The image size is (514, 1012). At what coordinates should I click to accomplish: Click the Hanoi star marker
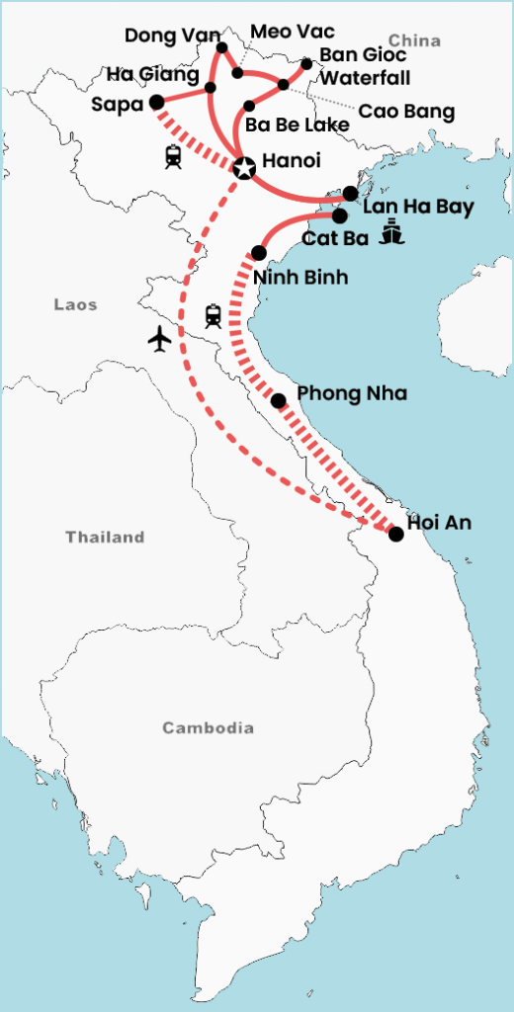(242, 168)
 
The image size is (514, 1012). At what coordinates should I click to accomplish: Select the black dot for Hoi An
(395, 534)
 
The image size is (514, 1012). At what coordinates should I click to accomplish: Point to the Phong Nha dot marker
(279, 400)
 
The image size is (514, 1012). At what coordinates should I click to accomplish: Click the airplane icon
(159, 339)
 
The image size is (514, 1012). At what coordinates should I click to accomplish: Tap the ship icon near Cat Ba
(393, 234)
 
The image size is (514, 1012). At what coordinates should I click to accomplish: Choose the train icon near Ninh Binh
(213, 316)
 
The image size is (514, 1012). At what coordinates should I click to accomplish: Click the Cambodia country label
(208, 728)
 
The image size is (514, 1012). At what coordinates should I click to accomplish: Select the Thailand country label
(105, 538)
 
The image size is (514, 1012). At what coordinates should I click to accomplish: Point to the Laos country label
(75, 305)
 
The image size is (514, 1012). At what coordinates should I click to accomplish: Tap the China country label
(414, 41)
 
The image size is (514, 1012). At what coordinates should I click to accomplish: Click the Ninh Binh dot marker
(259, 252)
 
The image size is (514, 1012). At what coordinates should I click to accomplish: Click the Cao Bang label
(406, 112)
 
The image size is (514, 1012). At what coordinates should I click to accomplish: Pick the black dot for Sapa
(155, 102)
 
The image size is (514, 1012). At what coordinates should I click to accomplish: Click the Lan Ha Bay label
(418, 208)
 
